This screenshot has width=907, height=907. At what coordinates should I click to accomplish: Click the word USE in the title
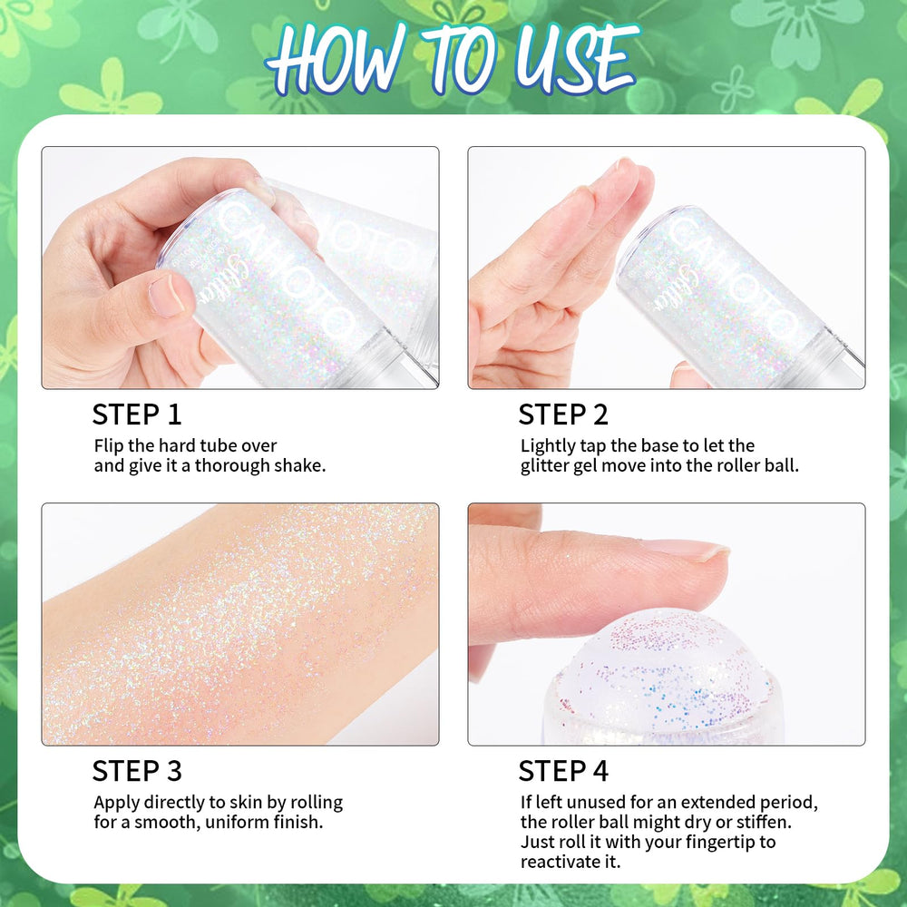tap(576, 58)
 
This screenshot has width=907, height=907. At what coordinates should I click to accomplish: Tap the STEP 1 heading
tap(137, 414)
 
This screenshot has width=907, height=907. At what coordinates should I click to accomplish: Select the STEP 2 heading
tap(563, 414)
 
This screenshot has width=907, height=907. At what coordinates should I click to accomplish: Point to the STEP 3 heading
tap(137, 771)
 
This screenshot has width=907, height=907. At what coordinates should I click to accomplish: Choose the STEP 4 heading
tap(563, 771)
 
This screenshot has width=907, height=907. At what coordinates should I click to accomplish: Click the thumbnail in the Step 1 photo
tap(166, 295)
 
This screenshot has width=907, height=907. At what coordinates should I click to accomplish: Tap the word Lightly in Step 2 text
tap(548, 446)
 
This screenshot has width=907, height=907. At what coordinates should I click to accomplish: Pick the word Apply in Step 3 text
tap(116, 803)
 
